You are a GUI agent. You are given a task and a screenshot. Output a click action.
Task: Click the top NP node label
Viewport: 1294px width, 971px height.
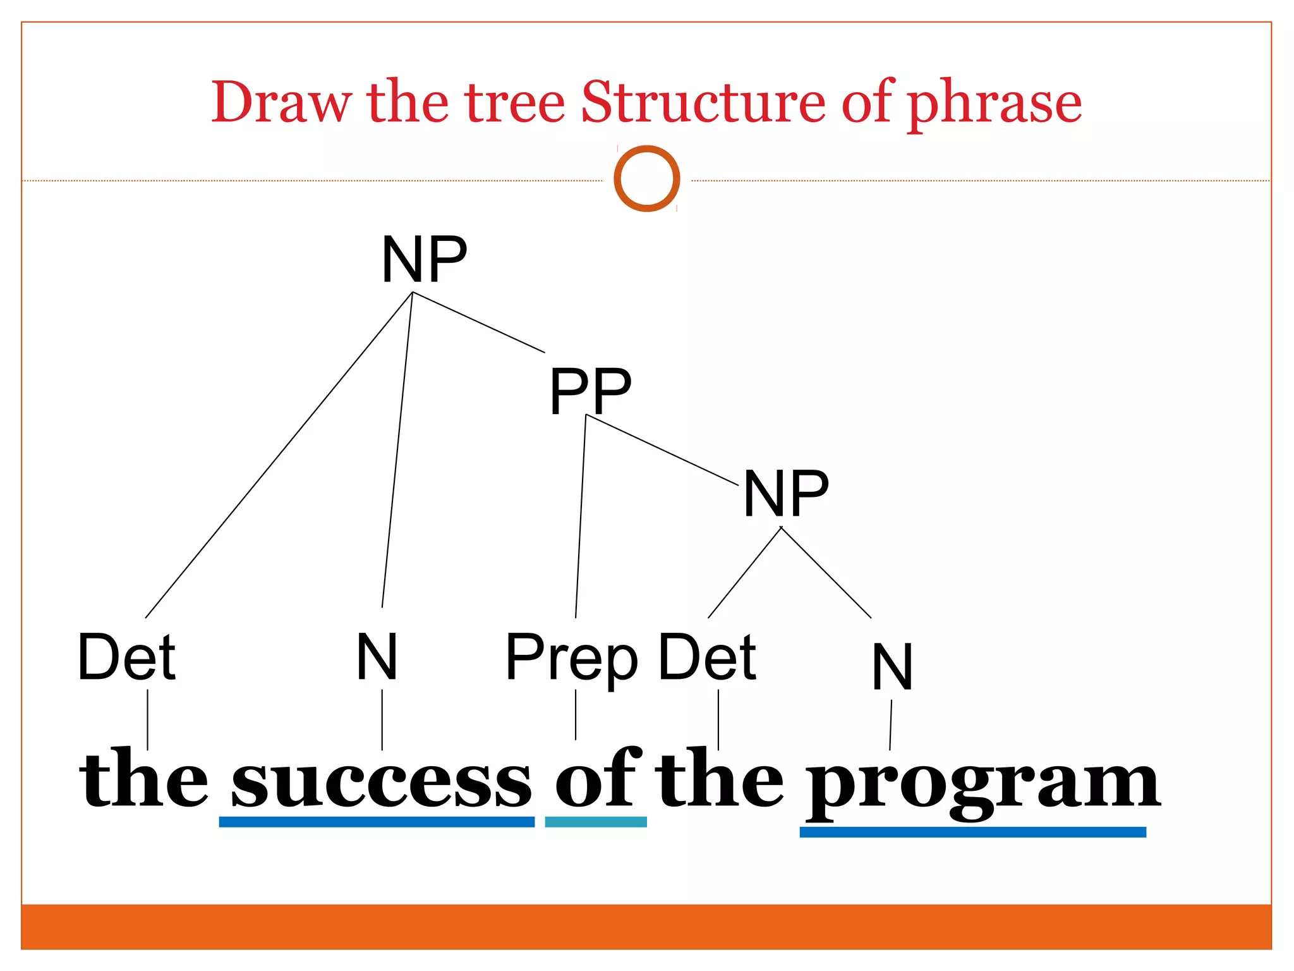(x=424, y=259)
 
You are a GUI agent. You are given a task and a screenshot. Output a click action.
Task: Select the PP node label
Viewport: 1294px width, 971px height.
(x=590, y=392)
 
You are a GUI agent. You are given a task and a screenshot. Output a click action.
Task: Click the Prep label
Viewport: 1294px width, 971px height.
(x=572, y=659)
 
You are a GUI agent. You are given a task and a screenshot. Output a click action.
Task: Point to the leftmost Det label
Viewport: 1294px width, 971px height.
(x=126, y=657)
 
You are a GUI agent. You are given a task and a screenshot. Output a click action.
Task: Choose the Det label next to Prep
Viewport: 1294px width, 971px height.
(x=707, y=657)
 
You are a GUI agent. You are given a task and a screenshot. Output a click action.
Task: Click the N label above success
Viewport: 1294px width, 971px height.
(x=377, y=657)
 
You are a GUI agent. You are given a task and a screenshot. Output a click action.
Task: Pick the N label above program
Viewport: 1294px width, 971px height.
(x=892, y=667)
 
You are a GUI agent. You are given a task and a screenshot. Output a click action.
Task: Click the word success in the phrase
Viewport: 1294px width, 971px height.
(x=382, y=781)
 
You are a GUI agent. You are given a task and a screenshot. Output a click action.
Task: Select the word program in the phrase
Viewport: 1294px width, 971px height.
(x=983, y=784)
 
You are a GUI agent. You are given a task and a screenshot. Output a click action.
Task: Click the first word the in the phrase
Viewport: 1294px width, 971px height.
(x=144, y=779)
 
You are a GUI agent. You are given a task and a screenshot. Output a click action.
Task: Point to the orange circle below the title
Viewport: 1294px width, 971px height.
(x=646, y=179)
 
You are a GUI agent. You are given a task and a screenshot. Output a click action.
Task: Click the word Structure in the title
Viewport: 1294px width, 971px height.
(x=703, y=102)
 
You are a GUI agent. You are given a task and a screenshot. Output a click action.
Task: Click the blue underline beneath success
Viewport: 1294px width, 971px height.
(x=377, y=822)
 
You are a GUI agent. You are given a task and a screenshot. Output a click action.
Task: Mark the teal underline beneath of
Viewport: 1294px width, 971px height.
(x=596, y=822)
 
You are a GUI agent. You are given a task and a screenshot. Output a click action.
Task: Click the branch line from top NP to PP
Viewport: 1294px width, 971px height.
(x=478, y=322)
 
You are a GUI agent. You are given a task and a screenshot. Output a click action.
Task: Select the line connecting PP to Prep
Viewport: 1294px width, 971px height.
(x=581, y=515)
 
